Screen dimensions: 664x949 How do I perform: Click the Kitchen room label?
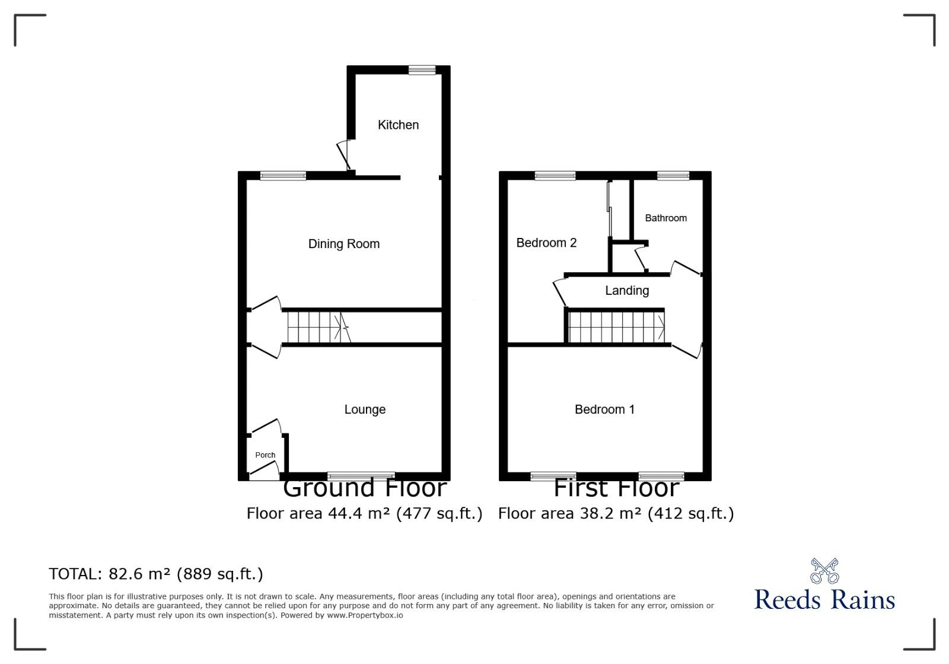[398, 125]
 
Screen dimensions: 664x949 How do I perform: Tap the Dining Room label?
[343, 244]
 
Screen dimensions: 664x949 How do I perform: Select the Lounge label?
[365, 409]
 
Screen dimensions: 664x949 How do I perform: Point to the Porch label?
[265, 455]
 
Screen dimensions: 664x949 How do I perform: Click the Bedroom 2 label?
[546, 243]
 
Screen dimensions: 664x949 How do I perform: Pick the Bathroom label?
[665, 218]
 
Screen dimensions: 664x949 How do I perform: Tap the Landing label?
[627, 291]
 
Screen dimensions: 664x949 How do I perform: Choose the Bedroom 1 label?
[604, 409]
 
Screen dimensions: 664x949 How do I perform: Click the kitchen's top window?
[422, 70]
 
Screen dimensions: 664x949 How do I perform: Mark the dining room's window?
[283, 176]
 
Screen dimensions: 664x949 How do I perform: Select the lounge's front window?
[361, 476]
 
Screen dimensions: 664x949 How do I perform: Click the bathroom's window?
[673, 176]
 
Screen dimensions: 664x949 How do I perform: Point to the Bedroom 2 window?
[555, 176]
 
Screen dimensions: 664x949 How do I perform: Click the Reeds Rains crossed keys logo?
[824, 571]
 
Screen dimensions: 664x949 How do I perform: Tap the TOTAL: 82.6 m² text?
[156, 574]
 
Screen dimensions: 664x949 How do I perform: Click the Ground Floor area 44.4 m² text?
[364, 513]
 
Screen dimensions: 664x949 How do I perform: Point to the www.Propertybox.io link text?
[365, 615]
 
